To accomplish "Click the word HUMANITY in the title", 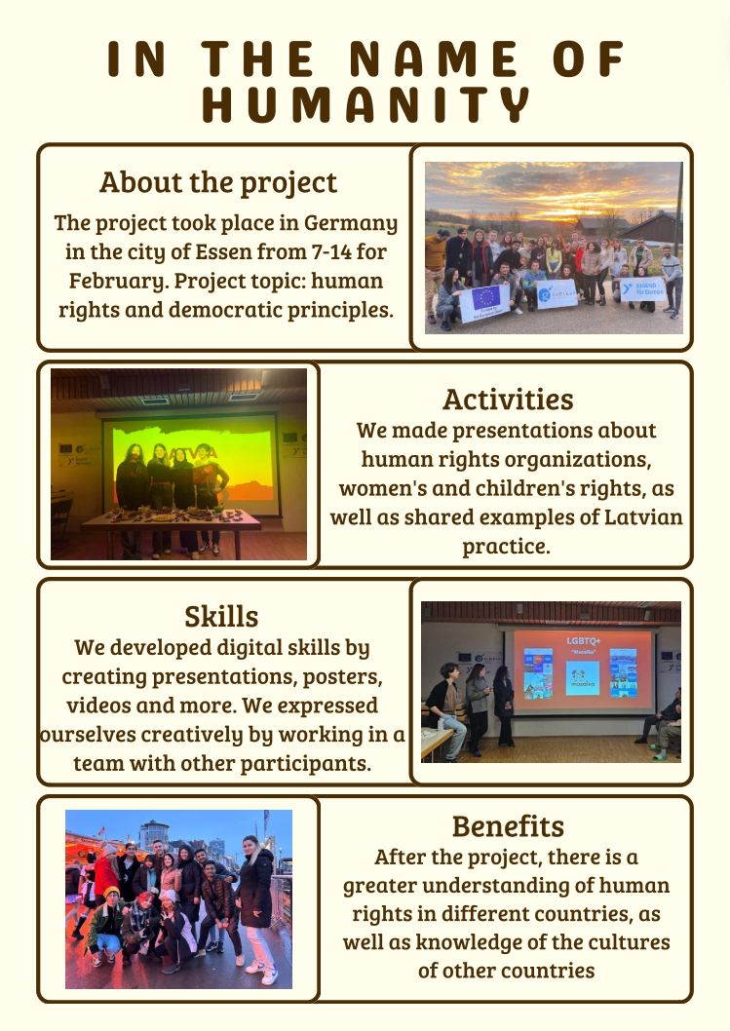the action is [x=365, y=105].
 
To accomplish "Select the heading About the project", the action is [x=218, y=183].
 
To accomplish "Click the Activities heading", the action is [x=508, y=400].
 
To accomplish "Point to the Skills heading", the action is [x=221, y=617].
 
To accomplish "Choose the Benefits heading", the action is [x=508, y=825].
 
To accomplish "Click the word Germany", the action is [x=351, y=223].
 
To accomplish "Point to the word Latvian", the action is [x=643, y=517].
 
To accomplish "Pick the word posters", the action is [x=342, y=677].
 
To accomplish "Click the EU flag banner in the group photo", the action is [x=484, y=303].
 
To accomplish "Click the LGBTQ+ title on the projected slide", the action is [x=584, y=640].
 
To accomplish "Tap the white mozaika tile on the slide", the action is [x=583, y=678].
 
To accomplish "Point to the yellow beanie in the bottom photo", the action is [x=112, y=893].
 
